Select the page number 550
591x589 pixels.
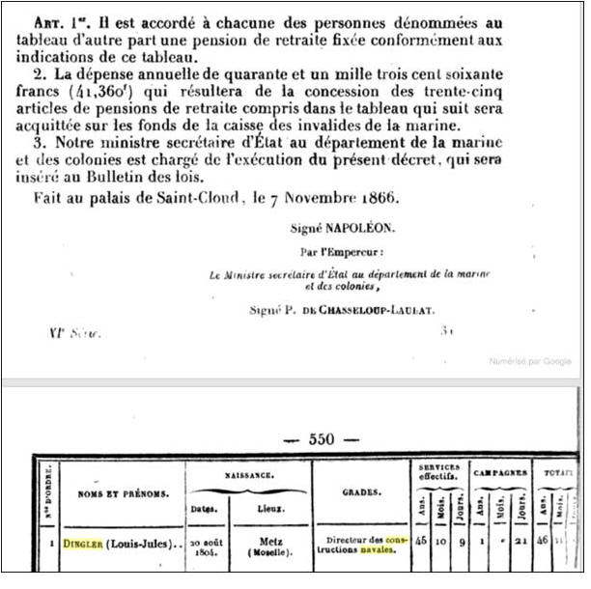coord(323,439)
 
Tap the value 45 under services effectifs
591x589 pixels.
coord(420,546)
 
